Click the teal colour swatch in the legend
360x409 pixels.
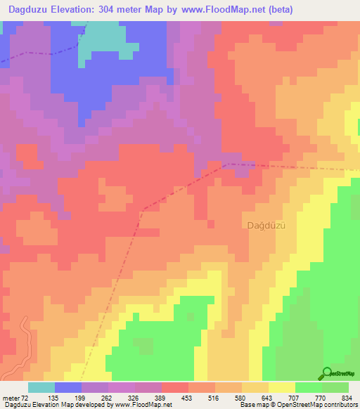[41, 387]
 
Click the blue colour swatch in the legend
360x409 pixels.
[68, 387]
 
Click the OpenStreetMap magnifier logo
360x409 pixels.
[327, 372]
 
